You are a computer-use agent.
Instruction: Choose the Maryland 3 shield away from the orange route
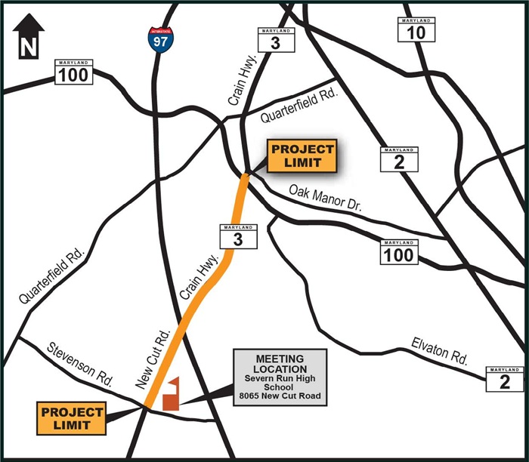(274, 40)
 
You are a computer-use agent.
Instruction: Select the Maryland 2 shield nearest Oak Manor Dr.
(398, 160)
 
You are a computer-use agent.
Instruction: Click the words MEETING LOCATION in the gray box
(280, 363)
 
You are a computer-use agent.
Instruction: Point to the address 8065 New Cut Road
(280, 396)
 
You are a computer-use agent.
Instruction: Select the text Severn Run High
(280, 377)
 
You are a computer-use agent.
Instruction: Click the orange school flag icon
(172, 394)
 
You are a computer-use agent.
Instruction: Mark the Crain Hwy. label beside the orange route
(200, 279)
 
